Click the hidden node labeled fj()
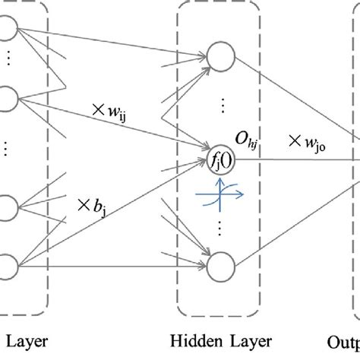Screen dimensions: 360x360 pos(220,160)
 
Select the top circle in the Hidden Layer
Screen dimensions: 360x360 pos(220,55)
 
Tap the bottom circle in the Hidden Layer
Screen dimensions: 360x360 pos(220,267)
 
